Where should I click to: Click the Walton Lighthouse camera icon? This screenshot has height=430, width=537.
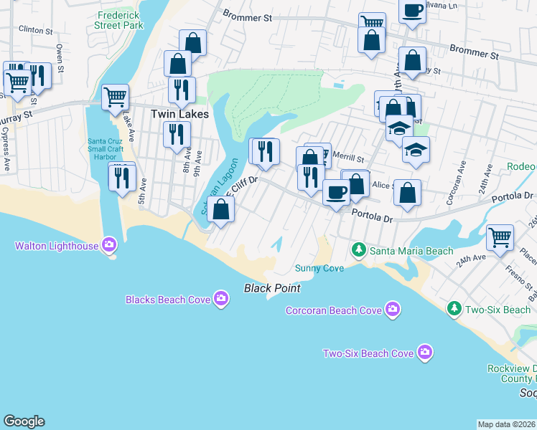click(x=109, y=246)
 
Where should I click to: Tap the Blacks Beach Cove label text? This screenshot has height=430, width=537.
click(x=169, y=300)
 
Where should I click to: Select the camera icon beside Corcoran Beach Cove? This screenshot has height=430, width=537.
click(x=392, y=310)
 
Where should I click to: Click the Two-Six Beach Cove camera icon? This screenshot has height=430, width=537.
click(x=425, y=353)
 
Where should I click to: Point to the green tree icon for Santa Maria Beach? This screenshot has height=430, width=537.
click(x=359, y=250)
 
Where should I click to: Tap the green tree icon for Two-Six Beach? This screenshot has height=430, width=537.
click(x=454, y=309)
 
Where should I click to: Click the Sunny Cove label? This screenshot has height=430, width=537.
click(x=319, y=268)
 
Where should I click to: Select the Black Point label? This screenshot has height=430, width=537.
click(x=271, y=288)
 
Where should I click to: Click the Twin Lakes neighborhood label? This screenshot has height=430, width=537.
click(x=179, y=114)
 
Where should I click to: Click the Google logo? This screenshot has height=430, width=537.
click(x=24, y=421)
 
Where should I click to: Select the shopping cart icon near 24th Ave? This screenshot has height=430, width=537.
click(x=500, y=236)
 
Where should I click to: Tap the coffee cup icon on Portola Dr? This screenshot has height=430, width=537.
click(x=336, y=191)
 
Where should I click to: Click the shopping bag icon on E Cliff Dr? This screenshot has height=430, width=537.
click(x=221, y=209)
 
